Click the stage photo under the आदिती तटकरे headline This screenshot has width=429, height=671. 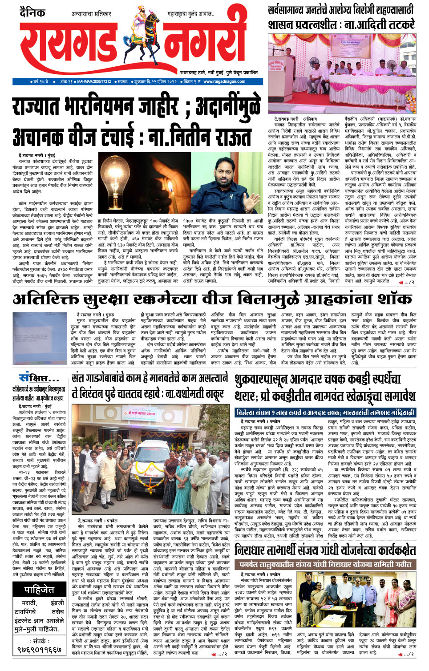[342, 73]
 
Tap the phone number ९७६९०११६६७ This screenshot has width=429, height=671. [39, 650]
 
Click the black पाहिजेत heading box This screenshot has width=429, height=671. [39, 590]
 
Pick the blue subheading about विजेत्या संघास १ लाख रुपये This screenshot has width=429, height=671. [325, 412]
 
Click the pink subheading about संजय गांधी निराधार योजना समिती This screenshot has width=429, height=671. [325, 564]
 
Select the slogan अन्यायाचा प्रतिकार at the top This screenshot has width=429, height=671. [91, 14]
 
